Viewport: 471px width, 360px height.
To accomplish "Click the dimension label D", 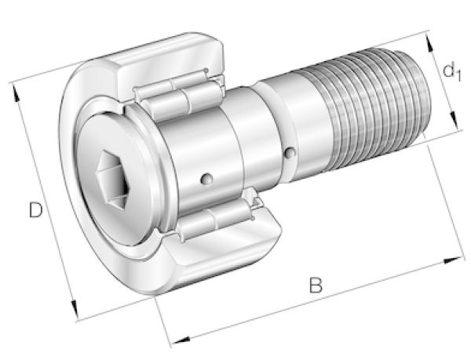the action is [x=36, y=210].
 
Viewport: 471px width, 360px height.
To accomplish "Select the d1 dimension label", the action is [x=451, y=72].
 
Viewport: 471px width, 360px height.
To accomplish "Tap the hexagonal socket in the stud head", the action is [x=113, y=180].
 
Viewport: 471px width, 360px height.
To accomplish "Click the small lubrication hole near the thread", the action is [x=290, y=152].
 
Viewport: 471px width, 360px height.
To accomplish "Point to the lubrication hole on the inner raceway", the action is [x=206, y=179].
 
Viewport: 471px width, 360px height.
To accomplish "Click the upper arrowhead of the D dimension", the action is [x=16, y=93].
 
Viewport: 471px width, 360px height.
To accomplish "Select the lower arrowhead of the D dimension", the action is [x=74, y=310].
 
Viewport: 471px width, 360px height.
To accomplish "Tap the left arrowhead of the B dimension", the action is [x=181, y=340].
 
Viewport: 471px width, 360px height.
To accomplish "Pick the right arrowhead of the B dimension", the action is [x=453, y=260].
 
